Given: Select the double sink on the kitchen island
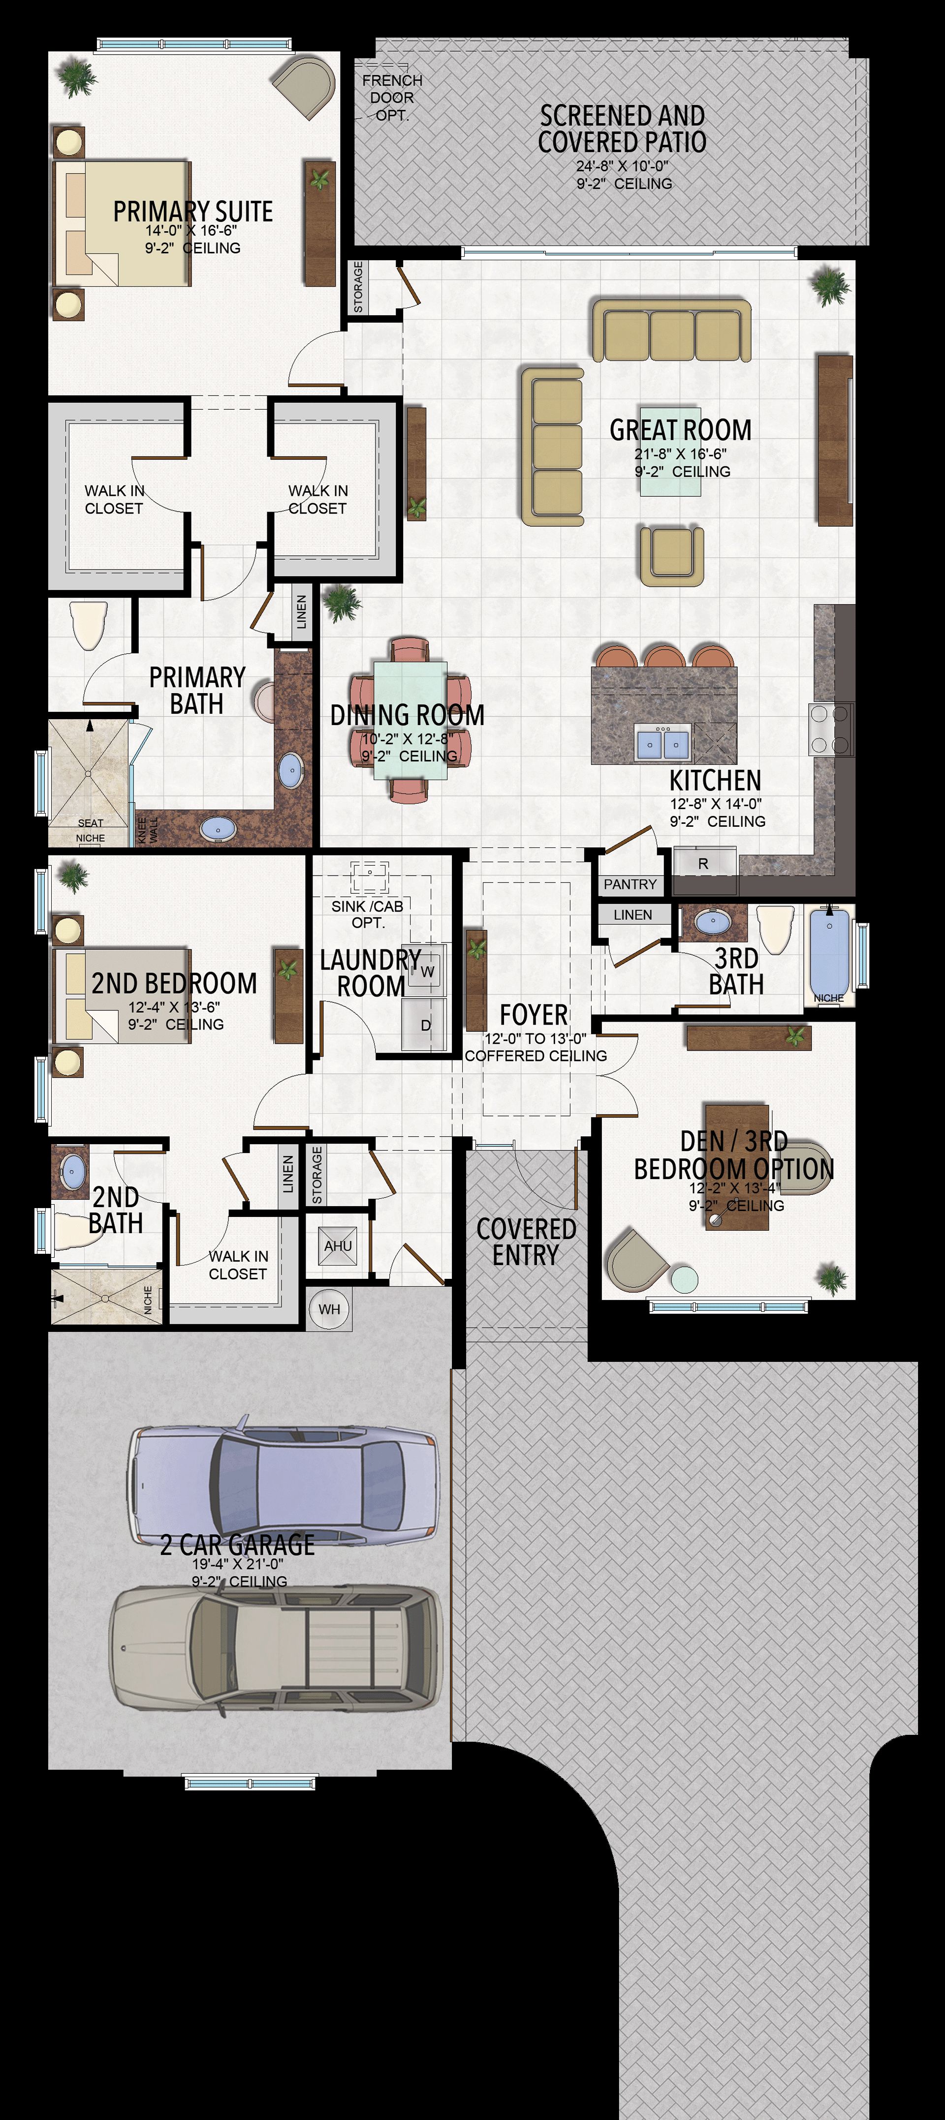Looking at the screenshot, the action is (x=662, y=744).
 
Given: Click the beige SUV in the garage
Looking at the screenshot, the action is (x=276, y=1646).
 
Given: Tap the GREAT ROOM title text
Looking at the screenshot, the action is (x=681, y=429).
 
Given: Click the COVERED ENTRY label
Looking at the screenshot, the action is (x=526, y=1242).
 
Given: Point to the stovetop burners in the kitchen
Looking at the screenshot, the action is (x=831, y=729).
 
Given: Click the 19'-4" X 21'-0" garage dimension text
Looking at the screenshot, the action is (x=238, y=1564).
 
